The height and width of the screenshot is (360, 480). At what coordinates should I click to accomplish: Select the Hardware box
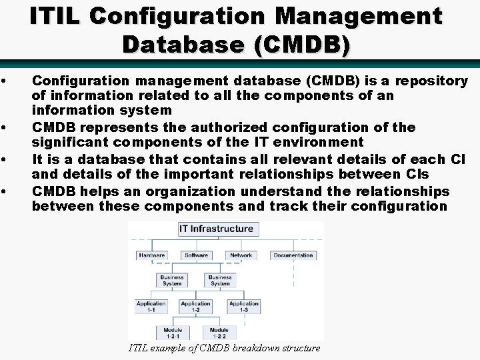[x=151, y=255]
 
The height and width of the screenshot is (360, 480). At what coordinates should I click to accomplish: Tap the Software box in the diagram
[x=196, y=255]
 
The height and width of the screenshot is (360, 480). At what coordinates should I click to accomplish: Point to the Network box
[x=241, y=255]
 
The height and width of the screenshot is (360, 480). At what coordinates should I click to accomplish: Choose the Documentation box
[x=293, y=255]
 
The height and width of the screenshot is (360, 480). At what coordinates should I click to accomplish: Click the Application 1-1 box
[x=151, y=307]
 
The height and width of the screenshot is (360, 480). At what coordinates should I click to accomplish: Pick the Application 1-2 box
[x=196, y=307]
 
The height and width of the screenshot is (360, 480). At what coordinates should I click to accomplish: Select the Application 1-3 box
[x=243, y=307]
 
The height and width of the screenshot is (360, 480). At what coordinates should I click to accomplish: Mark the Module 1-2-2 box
[x=219, y=332]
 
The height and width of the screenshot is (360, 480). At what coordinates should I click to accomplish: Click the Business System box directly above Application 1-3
[x=220, y=281]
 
